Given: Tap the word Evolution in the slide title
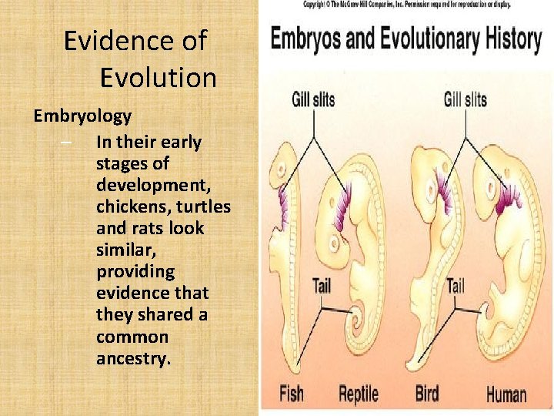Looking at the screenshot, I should pos(158,78).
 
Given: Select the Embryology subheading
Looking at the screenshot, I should pos(82,116).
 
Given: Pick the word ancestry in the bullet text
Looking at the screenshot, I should pos(132,359).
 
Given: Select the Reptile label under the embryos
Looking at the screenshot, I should pos(359,394).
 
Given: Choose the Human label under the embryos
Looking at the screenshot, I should pos(506,394).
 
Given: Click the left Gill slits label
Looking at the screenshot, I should pos(313,99).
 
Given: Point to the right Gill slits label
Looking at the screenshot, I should pos(466,99).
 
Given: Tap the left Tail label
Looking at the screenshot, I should pos(322,285).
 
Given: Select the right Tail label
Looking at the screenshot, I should pos(456,287).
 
